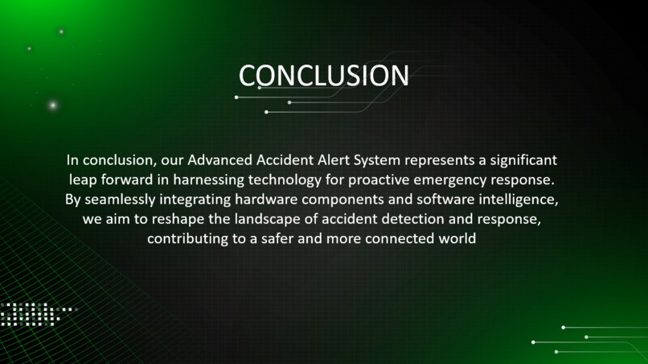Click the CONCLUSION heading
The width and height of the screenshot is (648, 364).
coord(323,76)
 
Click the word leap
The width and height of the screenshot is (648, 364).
coord(83,179)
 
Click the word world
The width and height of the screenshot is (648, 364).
coord(457,239)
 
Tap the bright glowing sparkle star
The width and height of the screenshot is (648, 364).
coord(53,105)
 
